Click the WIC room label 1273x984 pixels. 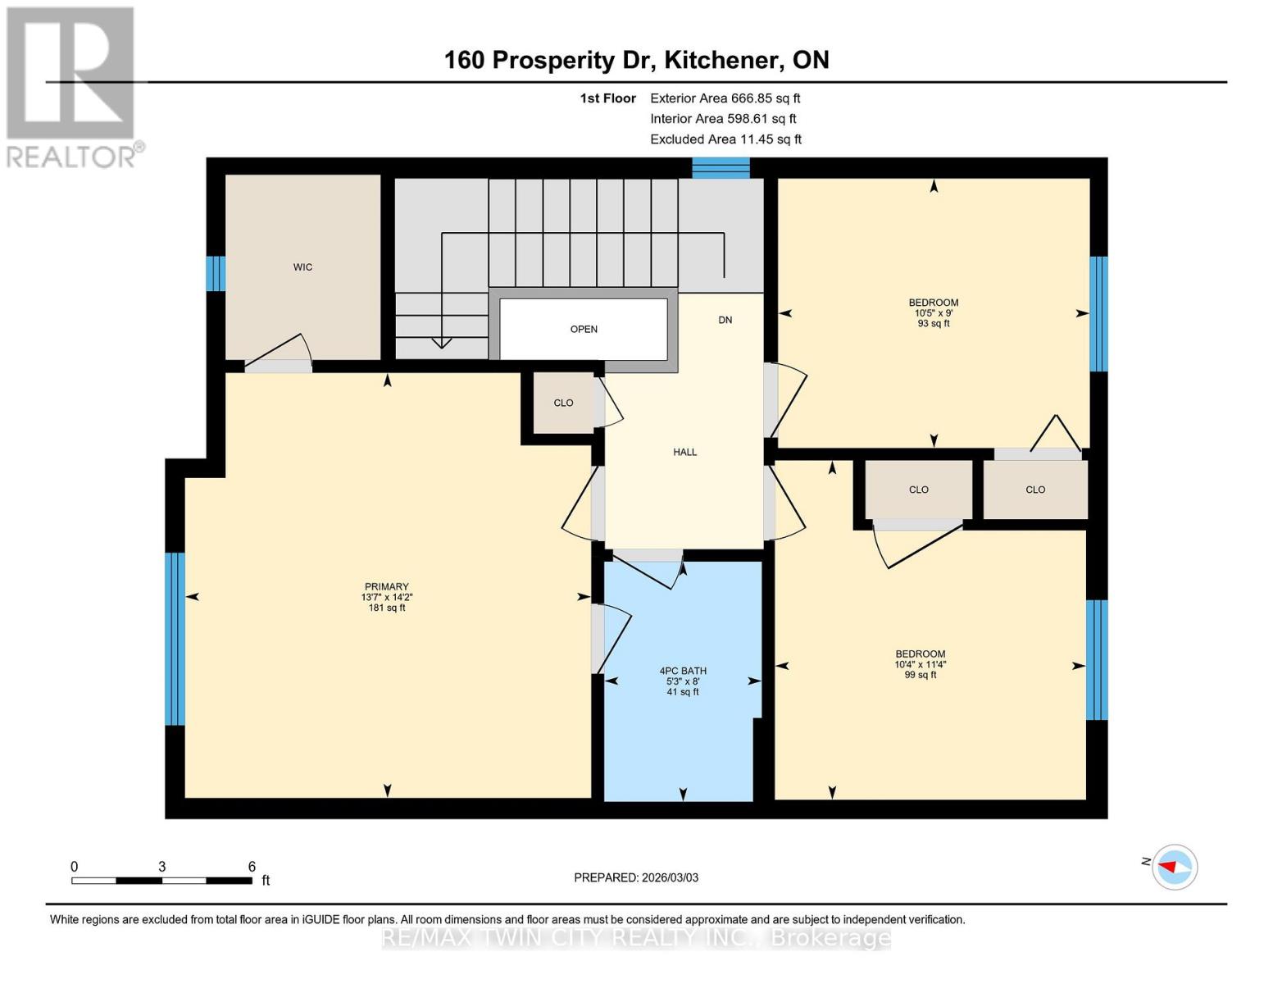(x=302, y=267)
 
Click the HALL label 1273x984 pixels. (x=684, y=452)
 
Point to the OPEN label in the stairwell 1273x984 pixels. (x=584, y=330)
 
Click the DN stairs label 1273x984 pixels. (x=725, y=320)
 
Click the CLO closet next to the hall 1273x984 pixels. (x=563, y=403)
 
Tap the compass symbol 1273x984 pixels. (x=1174, y=867)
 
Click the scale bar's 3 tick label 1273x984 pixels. (x=162, y=867)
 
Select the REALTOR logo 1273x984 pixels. (x=72, y=86)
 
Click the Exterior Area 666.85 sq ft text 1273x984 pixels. (x=725, y=98)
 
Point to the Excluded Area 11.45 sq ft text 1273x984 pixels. (x=725, y=139)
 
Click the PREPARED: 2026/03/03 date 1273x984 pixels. (x=636, y=877)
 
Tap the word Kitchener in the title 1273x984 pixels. (x=721, y=60)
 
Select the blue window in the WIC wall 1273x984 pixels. (x=215, y=274)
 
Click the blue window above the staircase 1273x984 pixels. (x=721, y=168)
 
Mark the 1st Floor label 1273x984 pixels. (x=607, y=98)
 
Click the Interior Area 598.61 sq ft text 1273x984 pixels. (x=723, y=119)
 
